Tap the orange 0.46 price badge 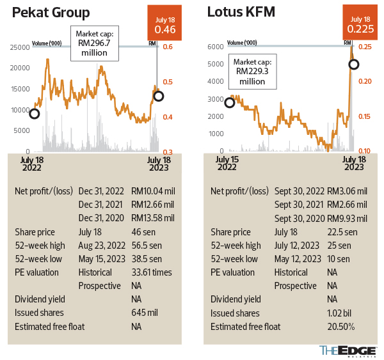coord(165,24)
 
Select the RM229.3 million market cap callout coord(251,71)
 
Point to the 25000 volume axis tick coord(19,47)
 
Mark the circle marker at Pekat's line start coord(34,113)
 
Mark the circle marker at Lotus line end coord(353,64)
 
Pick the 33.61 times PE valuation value coord(151,272)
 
